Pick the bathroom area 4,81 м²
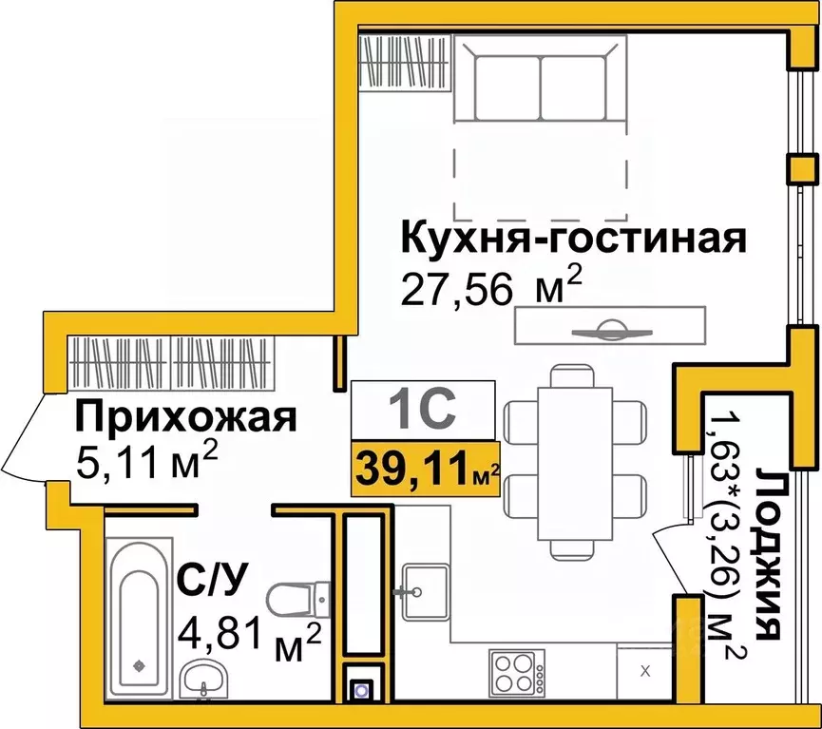250,632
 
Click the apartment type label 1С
423,410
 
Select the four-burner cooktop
515,672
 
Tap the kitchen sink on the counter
416,590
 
